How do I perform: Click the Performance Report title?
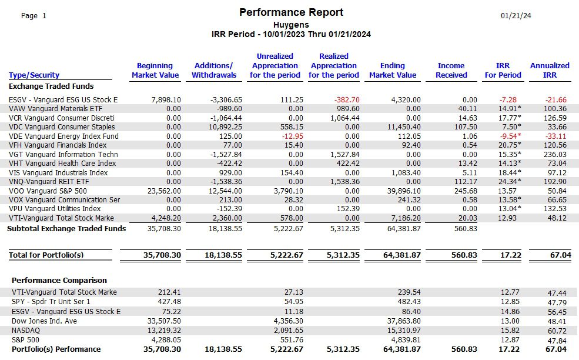click(x=292, y=12)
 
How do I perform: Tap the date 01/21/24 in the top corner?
click(x=516, y=15)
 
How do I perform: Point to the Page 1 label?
click(x=34, y=15)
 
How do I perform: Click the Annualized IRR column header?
click(x=550, y=70)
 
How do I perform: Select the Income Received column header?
click(x=451, y=70)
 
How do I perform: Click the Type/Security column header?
click(x=34, y=75)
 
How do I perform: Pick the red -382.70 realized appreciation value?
click(x=347, y=100)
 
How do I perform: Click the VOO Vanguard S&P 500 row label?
click(x=48, y=191)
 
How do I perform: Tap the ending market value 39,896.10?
click(x=404, y=191)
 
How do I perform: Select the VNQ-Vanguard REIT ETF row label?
click(x=49, y=182)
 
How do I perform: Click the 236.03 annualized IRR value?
click(x=555, y=155)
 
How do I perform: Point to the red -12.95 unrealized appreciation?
click(x=293, y=136)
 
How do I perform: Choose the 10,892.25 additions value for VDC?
click(x=225, y=127)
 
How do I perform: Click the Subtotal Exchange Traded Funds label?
click(x=66, y=228)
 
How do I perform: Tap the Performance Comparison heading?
click(x=59, y=280)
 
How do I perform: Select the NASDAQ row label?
click(x=26, y=331)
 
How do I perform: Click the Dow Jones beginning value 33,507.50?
click(x=164, y=321)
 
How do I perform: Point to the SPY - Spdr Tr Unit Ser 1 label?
click(x=51, y=302)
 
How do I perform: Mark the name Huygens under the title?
click(x=291, y=25)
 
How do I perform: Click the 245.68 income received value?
click(x=466, y=191)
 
